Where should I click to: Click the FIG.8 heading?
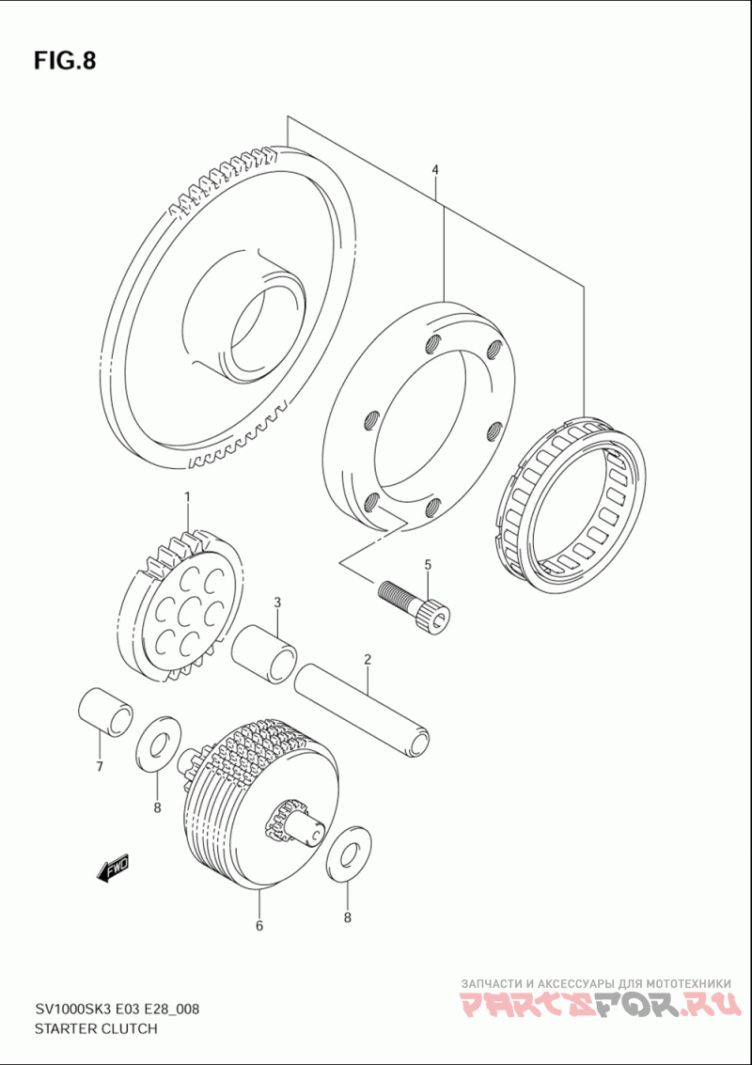(65, 61)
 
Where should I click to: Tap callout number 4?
(435, 170)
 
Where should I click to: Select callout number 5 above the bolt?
(427, 565)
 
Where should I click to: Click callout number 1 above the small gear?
(187, 496)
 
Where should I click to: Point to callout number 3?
(277, 602)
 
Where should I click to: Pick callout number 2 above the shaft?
(368, 660)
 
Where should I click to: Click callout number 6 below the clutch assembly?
(258, 926)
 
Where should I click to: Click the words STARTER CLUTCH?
(95, 1029)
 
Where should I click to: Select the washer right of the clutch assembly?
(348, 854)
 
